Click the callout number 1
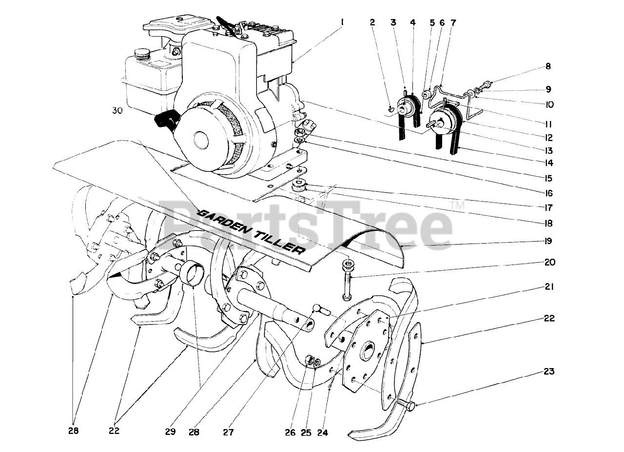pyautogui.click(x=342, y=22)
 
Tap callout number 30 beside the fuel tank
pyautogui.click(x=117, y=111)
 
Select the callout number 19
pyautogui.click(x=549, y=241)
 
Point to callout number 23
pyautogui.click(x=549, y=371)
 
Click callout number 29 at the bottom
pyautogui.click(x=170, y=431)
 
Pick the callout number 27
pyautogui.click(x=228, y=432)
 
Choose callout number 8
pyautogui.click(x=548, y=66)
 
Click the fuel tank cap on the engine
pyautogui.click(x=142, y=52)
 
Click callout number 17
pyautogui.click(x=549, y=207)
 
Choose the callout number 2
pyautogui.click(x=372, y=22)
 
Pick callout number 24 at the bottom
pyautogui.click(x=323, y=432)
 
